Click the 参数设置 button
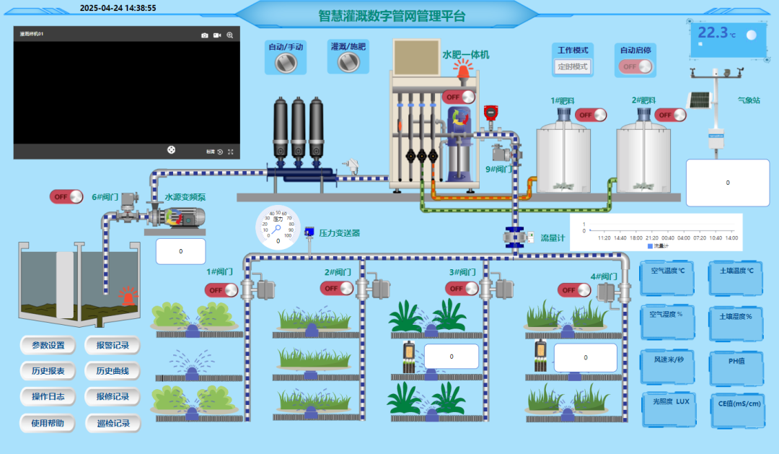click(x=48, y=345)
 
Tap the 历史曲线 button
click(x=113, y=371)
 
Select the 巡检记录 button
click(x=113, y=423)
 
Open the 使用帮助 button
click(x=48, y=423)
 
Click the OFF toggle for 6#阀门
click(x=66, y=196)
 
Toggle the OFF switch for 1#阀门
click(x=221, y=289)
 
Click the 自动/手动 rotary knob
click(x=286, y=63)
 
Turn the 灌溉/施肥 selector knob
click(x=348, y=62)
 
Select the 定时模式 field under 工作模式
click(x=572, y=66)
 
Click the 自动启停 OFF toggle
click(x=635, y=66)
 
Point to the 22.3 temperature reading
click(x=713, y=33)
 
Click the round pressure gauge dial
click(x=278, y=226)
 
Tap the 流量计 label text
click(x=553, y=237)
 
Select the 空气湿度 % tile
click(x=666, y=317)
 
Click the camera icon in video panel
click(x=204, y=35)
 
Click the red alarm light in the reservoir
click(x=128, y=296)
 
